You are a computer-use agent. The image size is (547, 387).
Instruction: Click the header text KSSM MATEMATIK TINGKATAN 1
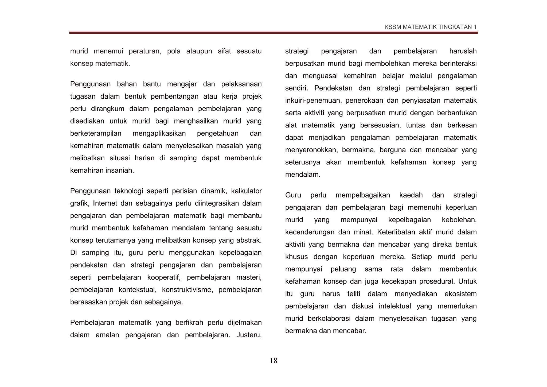click(430, 27)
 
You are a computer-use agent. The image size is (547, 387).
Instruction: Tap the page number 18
click(273, 361)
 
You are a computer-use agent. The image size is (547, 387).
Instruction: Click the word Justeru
click(249, 335)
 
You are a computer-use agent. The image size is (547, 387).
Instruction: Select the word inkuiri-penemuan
click(313, 101)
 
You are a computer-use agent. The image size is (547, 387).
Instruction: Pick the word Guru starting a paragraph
click(293, 195)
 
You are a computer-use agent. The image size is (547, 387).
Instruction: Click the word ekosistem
click(460, 294)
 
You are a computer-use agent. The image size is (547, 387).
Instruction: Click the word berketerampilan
click(96, 133)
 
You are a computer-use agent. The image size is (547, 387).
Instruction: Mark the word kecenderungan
click(310, 232)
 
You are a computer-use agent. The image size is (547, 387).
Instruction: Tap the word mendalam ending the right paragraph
click(302, 175)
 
